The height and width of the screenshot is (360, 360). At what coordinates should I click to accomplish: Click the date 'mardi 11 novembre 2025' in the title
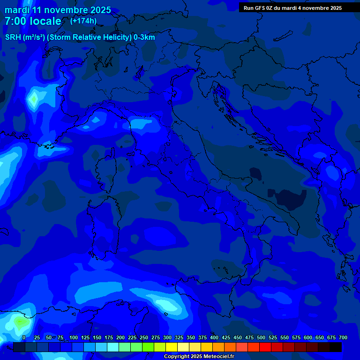[x=58, y=10]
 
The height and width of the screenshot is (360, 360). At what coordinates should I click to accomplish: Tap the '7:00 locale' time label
[x=33, y=21]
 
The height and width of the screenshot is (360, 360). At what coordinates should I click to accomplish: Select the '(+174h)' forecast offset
[x=83, y=21]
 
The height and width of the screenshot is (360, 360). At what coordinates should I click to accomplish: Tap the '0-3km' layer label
[x=144, y=37]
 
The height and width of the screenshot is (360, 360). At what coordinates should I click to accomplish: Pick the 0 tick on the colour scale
[x=24, y=337]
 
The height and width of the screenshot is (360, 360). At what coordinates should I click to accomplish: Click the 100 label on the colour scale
[x=74, y=337]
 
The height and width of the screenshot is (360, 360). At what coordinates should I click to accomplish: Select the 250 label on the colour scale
[x=144, y=337]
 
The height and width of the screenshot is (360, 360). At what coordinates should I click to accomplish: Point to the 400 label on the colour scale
[x=214, y=337]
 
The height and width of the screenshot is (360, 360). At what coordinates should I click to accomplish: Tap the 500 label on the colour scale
[x=261, y=337]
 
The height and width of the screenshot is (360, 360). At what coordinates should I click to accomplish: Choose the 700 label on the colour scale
[x=343, y=337]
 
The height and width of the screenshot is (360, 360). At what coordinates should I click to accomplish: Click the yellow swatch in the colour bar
[x=172, y=347]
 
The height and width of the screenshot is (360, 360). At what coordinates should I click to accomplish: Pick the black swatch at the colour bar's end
[x=336, y=347]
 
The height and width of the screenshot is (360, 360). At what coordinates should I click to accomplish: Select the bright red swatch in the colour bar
[x=265, y=347]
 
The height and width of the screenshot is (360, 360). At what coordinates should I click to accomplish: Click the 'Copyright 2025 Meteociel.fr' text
[x=199, y=357]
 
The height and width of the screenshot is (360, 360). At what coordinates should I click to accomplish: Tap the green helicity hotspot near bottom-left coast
[x=19, y=322]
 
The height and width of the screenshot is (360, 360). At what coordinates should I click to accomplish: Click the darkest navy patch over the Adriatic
[x=287, y=199]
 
